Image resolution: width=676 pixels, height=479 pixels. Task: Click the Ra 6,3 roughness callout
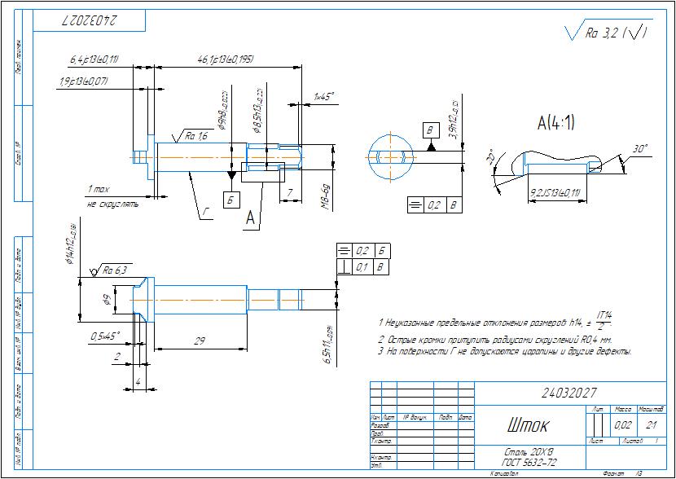pyautogui.click(x=114, y=270)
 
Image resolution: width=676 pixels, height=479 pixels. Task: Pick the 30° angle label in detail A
pyautogui.click(x=641, y=149)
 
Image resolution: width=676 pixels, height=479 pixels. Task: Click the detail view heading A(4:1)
pyautogui.click(x=556, y=123)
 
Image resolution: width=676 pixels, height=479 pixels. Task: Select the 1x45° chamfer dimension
pyautogui.click(x=324, y=96)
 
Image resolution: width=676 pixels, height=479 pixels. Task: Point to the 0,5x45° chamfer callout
pyautogui.click(x=105, y=335)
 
